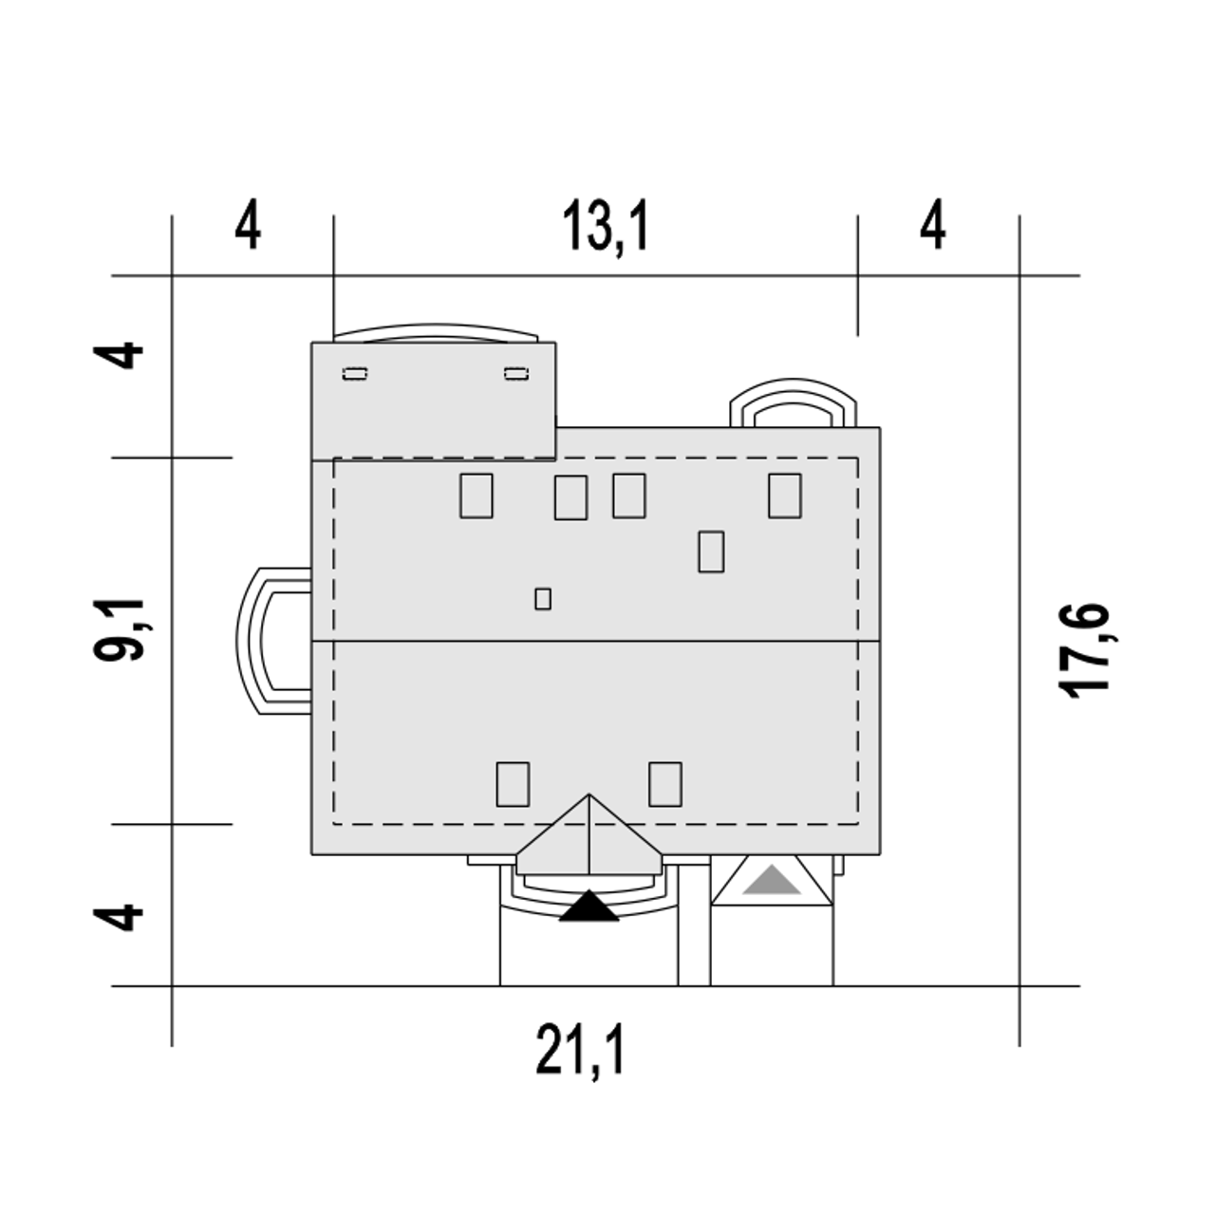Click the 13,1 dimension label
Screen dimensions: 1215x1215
click(605, 227)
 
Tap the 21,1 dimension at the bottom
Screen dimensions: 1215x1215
click(580, 1049)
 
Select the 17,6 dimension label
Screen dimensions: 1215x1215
click(1083, 651)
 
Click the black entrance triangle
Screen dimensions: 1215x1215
click(589, 907)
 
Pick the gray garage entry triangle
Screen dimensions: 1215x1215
click(772, 880)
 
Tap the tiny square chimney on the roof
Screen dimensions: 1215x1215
click(543, 599)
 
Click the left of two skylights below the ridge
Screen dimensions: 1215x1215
click(513, 784)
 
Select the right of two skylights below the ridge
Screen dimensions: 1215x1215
click(665, 784)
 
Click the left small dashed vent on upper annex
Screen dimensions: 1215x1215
click(355, 375)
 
